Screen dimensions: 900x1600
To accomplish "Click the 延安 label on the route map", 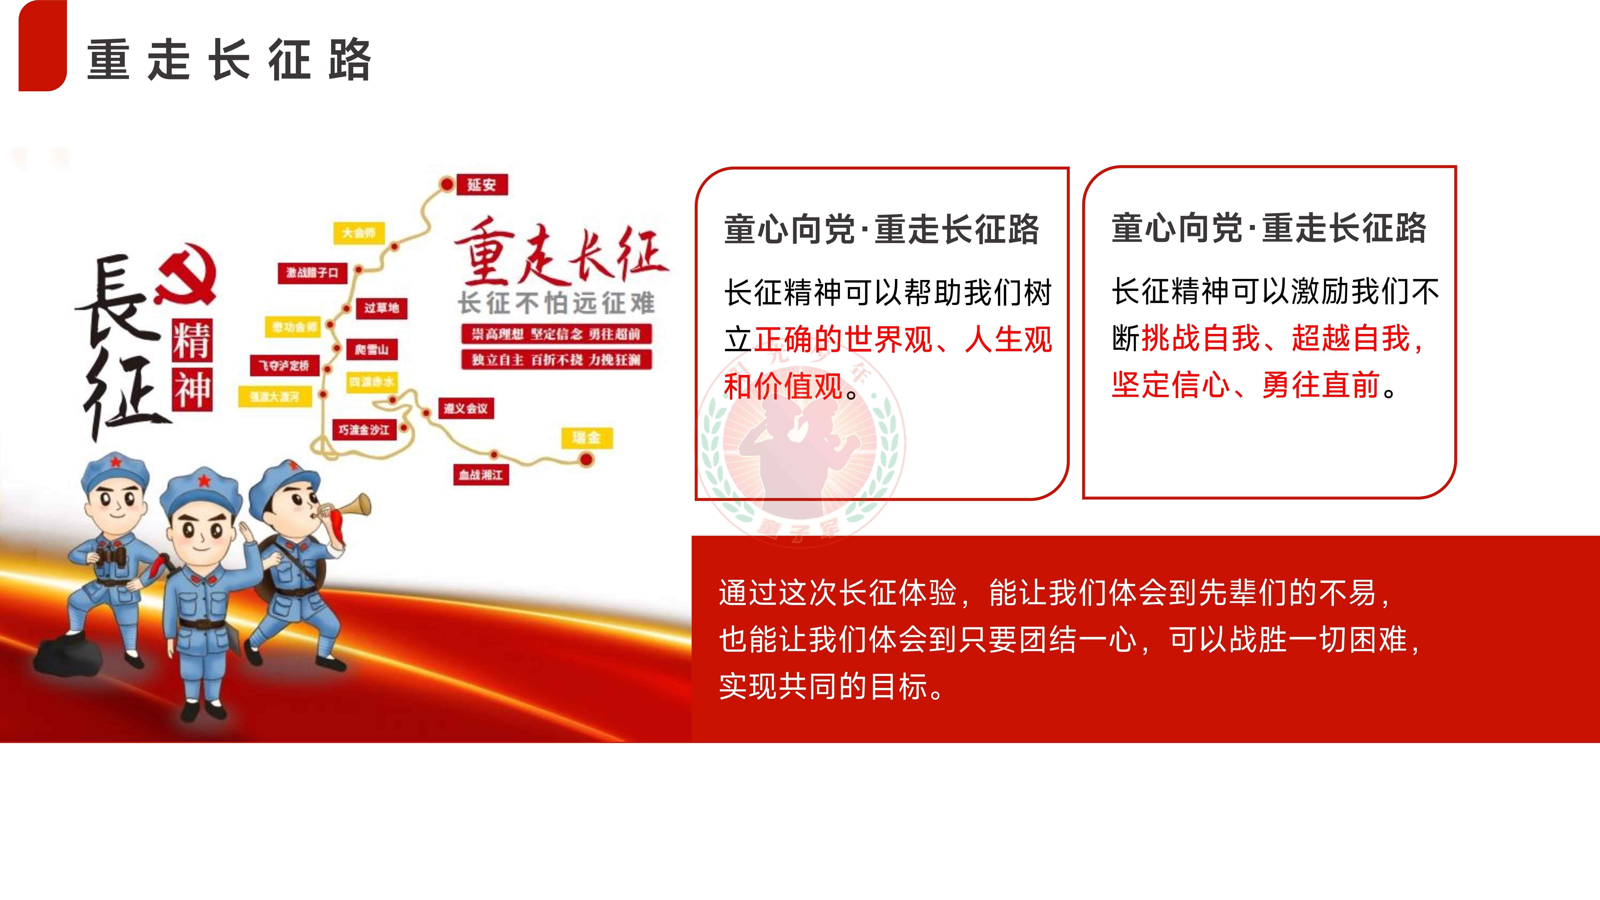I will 482,184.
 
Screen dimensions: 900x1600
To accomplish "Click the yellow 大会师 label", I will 359,233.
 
